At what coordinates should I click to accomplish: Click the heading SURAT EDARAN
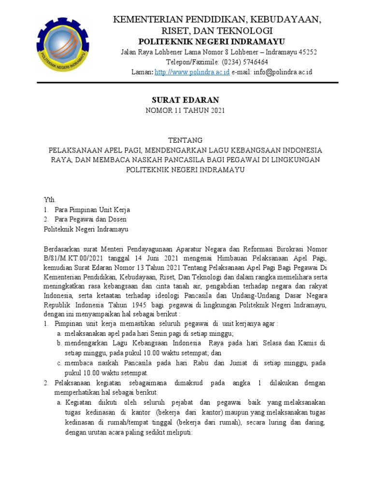pyautogui.click(x=185, y=100)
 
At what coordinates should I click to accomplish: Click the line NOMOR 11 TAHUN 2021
pyautogui.click(x=185, y=110)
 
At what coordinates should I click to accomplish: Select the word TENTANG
pyautogui.click(x=185, y=140)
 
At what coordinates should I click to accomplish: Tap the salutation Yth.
pyautogui.click(x=50, y=199)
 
